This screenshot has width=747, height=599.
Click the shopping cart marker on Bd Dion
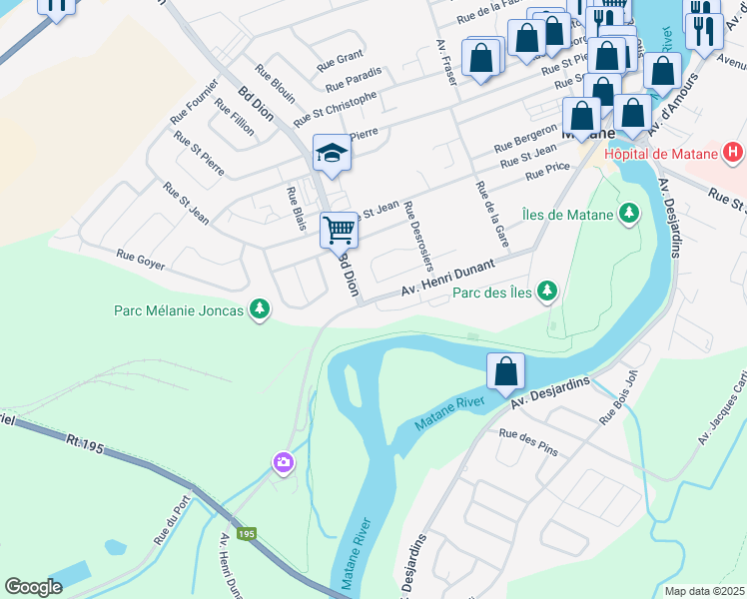pos(339,230)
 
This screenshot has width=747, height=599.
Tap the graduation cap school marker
pos(332,153)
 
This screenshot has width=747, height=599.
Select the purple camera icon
pos(284,461)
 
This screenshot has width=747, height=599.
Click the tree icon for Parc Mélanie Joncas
pos(259,309)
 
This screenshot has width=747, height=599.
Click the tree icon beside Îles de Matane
pos(628,212)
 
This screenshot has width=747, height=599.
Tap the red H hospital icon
pos(733,154)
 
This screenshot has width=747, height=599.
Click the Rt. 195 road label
pos(86,438)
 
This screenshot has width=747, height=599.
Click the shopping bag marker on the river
pos(506,370)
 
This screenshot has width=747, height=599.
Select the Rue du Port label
pos(172,521)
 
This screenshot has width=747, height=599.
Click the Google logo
pos(34,587)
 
